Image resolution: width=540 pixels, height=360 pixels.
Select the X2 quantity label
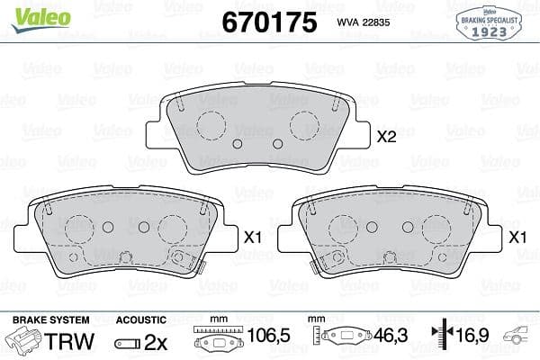[386, 137]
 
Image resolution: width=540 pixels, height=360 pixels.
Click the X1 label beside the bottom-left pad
[252, 238]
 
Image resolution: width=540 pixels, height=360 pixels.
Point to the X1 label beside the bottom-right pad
[517, 238]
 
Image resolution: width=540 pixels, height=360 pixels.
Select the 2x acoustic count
[157, 341]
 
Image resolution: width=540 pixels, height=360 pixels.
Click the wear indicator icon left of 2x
[128, 342]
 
